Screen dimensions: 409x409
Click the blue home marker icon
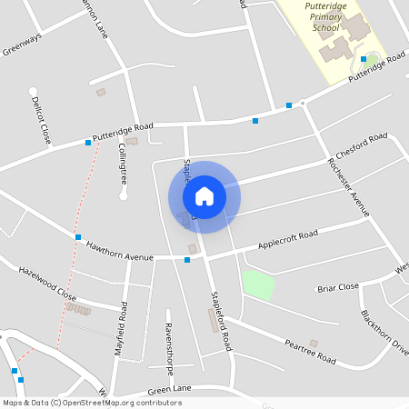[204, 195]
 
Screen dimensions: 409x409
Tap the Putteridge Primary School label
[324, 17]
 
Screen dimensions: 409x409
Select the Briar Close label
[338, 287]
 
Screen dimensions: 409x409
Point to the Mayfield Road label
[120, 334]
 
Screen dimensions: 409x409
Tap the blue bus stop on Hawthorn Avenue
[187, 260]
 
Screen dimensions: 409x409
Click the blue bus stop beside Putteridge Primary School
[364, 60]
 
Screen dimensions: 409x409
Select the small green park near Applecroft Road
[258, 284]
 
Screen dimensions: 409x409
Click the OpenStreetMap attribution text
[92, 403]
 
